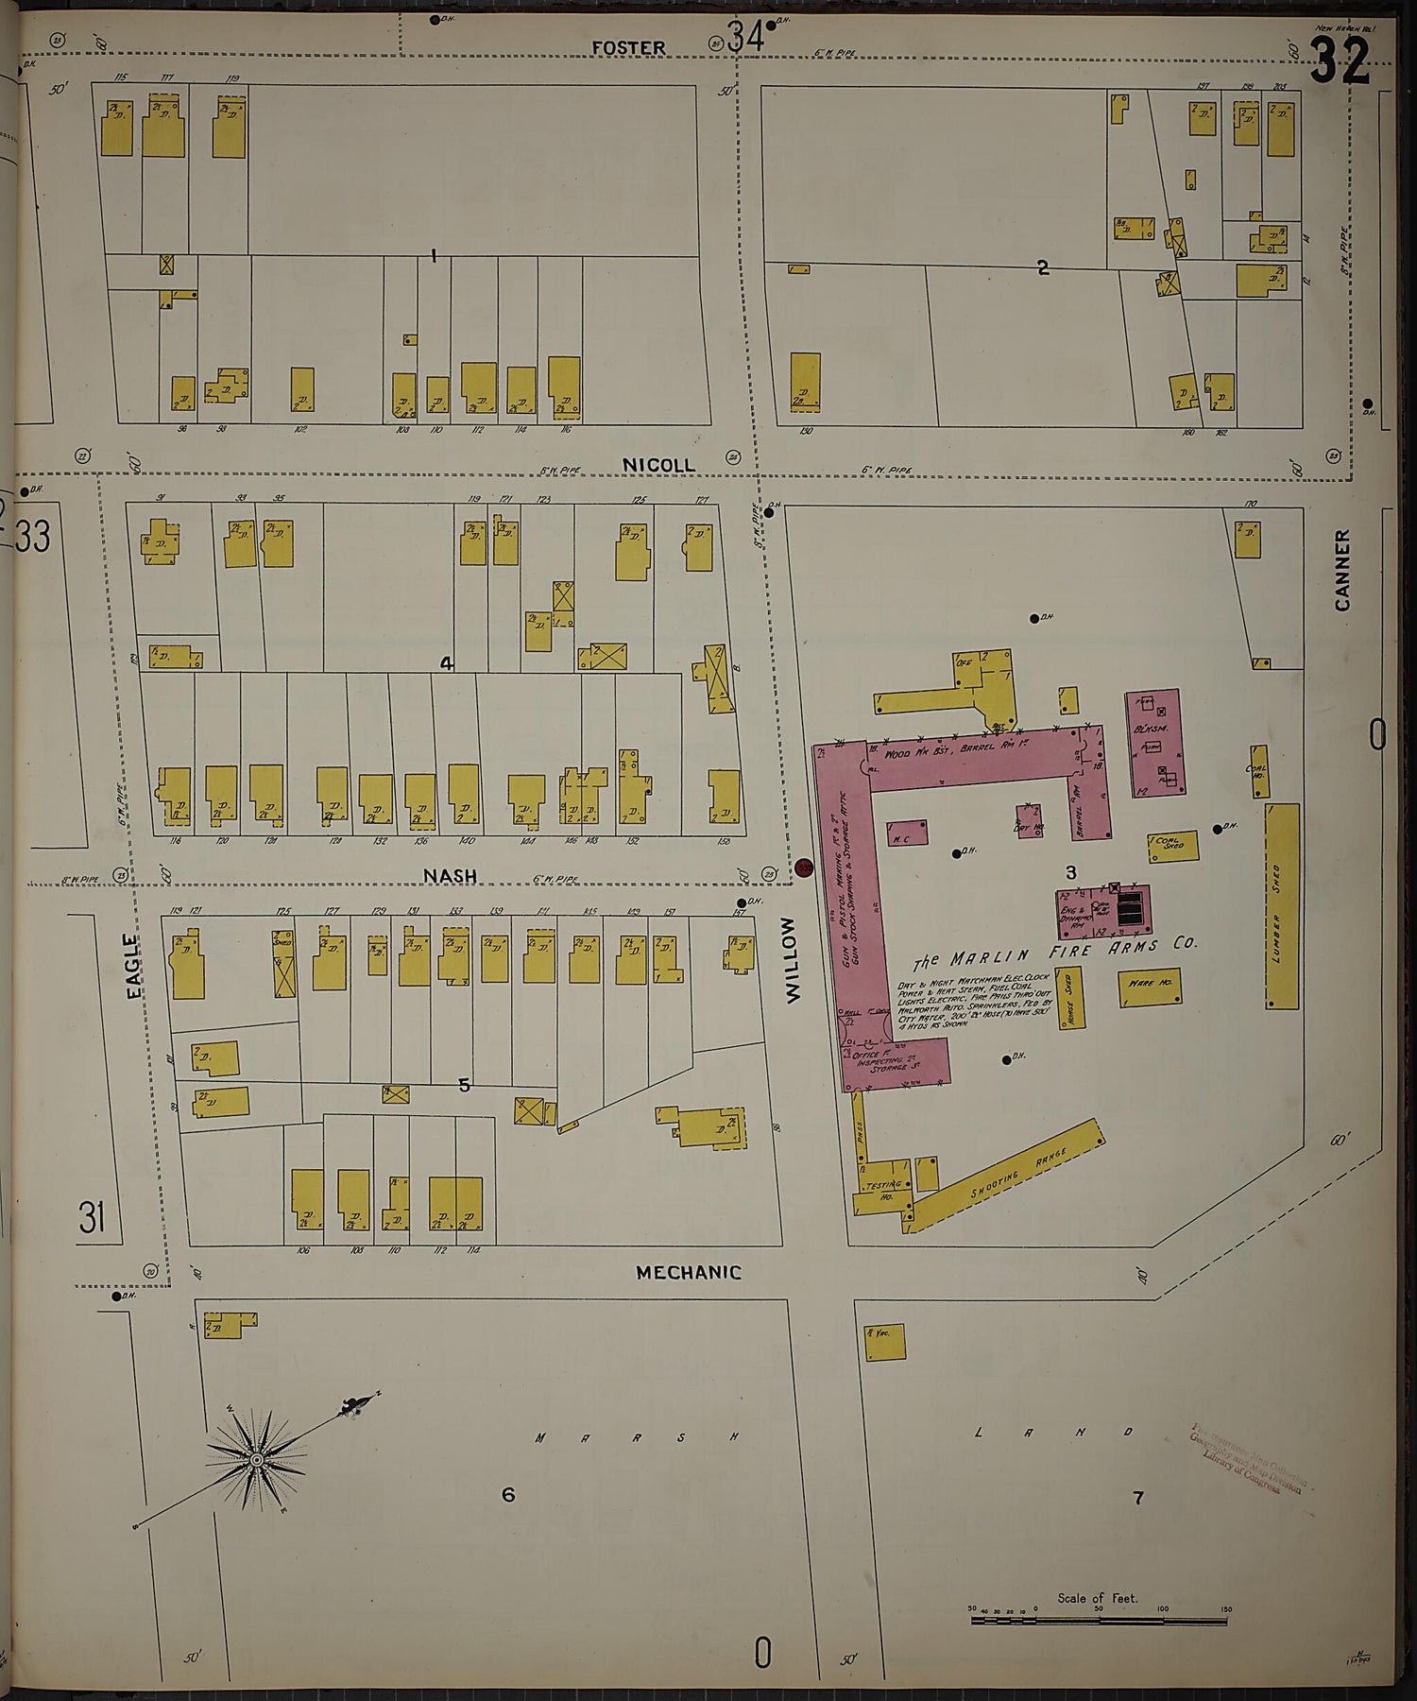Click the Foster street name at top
point(628,47)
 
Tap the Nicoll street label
point(658,465)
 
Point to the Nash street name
point(450,876)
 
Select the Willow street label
point(792,960)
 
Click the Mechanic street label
point(688,1272)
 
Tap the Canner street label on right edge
point(1342,569)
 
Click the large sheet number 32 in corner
point(1340,61)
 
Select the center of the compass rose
point(256,1461)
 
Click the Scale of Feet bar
point(1099,1621)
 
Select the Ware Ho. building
point(1149,988)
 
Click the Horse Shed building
point(1070,996)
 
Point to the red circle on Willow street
point(805,867)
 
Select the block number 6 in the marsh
point(508,1494)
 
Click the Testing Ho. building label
point(882,1188)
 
